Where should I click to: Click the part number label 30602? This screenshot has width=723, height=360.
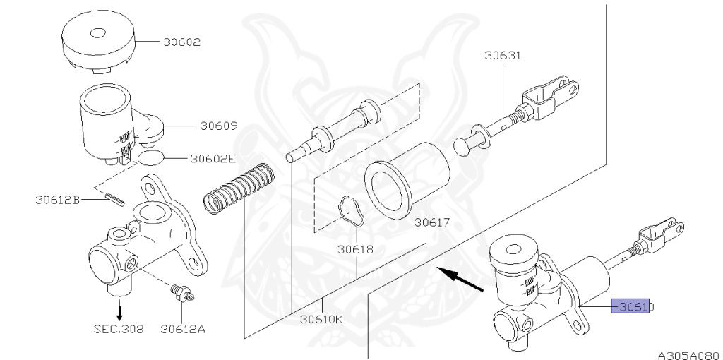pyautogui.click(x=181, y=42)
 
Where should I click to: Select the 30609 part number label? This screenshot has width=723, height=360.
pyautogui.click(x=218, y=126)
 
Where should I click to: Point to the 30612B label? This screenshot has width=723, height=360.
pyautogui.click(x=57, y=200)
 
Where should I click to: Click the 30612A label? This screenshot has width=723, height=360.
pyautogui.click(x=182, y=328)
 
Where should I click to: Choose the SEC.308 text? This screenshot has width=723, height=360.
pyautogui.click(x=118, y=328)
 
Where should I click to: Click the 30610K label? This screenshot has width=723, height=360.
pyautogui.click(x=321, y=318)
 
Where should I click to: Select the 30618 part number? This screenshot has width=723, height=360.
pyautogui.click(x=355, y=249)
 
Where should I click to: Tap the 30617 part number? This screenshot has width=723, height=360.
pyautogui.click(x=432, y=223)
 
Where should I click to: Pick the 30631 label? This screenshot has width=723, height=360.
pyautogui.click(x=503, y=56)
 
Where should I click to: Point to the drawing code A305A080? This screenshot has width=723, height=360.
pyautogui.click(x=688, y=355)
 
